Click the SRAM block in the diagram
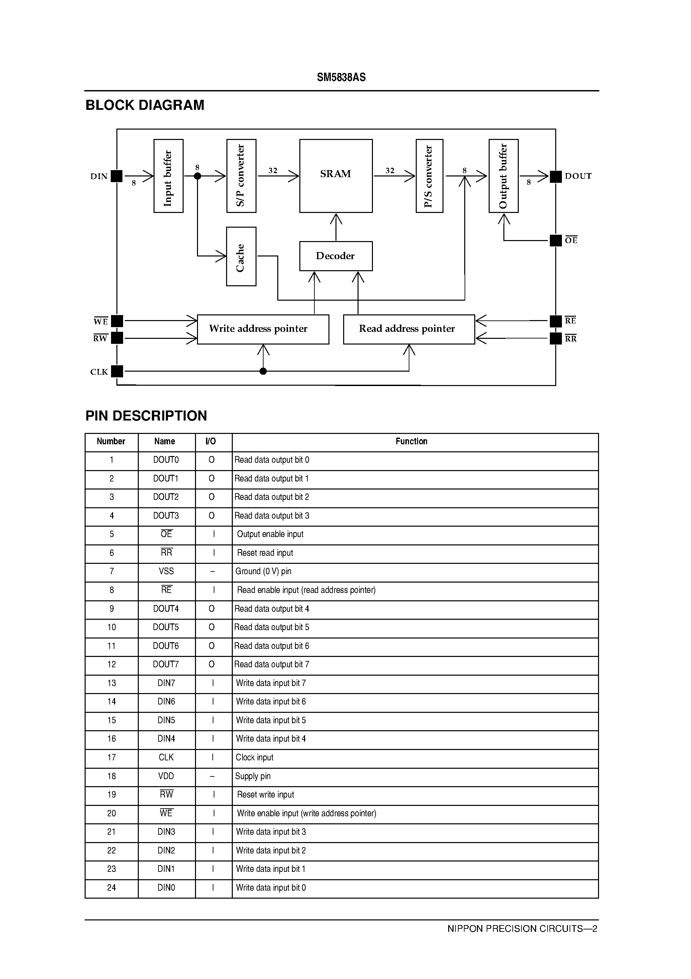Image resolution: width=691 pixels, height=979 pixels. [336, 176]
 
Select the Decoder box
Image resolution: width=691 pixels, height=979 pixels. [336, 256]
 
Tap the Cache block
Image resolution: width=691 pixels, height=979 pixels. [241, 256]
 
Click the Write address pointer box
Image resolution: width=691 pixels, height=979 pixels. [263, 329]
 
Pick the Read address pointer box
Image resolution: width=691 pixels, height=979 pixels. [409, 329]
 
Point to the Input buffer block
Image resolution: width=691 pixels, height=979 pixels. [168, 176]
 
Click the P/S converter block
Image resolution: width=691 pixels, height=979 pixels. [429, 176]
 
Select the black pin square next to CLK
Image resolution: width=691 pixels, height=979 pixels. [117, 371]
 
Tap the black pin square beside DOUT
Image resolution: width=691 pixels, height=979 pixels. [556, 176]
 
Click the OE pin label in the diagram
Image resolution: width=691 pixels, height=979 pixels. [571, 240]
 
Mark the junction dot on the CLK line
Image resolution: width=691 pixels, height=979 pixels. [263, 371]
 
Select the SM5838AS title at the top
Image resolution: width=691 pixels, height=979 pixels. [341, 77]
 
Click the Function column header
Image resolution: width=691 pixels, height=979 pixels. [411, 441]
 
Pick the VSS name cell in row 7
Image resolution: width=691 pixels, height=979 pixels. [166, 572]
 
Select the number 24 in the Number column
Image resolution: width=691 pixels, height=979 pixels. [112, 888]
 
